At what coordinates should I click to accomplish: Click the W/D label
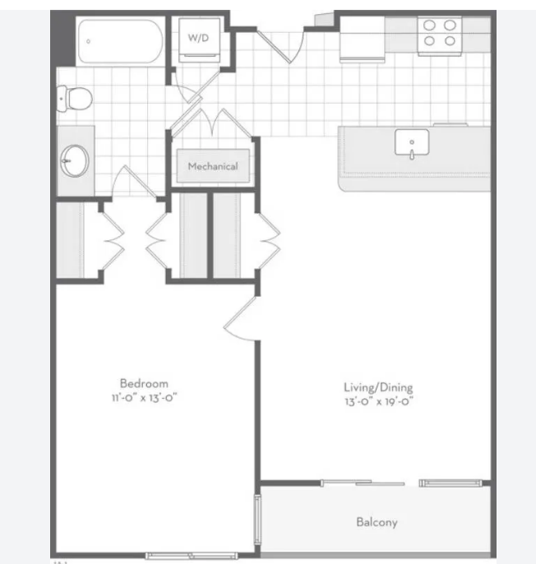click(198, 38)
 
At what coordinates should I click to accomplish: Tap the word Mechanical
click(213, 166)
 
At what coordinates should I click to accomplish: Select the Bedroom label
click(144, 383)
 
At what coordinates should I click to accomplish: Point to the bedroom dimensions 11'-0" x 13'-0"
click(144, 398)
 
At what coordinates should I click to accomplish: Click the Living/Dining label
click(378, 387)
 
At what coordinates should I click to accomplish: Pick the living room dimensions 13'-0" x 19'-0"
click(379, 401)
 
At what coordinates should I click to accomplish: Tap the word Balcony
click(377, 522)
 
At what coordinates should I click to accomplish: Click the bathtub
click(120, 41)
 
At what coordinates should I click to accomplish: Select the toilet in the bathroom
click(75, 98)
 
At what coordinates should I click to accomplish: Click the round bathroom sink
click(75, 161)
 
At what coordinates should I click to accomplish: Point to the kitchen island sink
click(412, 144)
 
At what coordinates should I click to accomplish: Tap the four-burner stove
click(440, 35)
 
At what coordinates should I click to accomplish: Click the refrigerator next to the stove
click(363, 39)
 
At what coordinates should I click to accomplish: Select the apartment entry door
click(280, 47)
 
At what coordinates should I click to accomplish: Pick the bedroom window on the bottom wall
click(192, 556)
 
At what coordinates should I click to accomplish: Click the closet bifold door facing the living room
click(268, 241)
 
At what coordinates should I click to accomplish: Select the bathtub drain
click(88, 41)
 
